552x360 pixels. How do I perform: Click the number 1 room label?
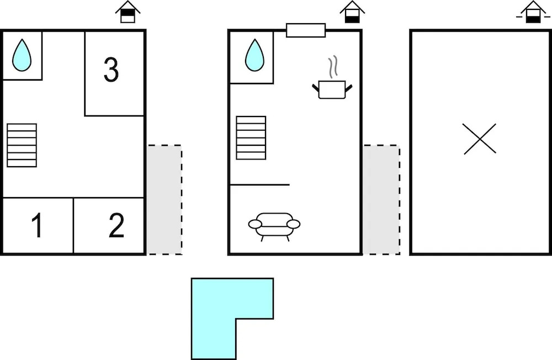click(37, 226)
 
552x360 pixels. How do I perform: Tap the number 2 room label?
click(116, 226)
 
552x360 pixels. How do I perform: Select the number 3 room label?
click(111, 71)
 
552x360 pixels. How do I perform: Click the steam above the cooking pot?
click(332, 68)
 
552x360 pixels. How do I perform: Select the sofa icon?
click(274, 225)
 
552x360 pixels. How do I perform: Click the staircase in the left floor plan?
click(22, 145)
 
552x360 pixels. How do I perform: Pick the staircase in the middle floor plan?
click(251, 137)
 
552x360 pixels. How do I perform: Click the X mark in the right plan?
click(480, 139)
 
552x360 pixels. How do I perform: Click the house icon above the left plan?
click(128, 12)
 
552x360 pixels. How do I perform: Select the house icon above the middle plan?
click(352, 12)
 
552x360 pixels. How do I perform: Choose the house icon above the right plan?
click(533, 12)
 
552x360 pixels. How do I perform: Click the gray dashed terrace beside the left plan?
click(164, 200)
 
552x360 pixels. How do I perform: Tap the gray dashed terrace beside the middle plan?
click(381, 200)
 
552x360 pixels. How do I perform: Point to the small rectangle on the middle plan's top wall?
click(306, 30)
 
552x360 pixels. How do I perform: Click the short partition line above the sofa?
click(259, 184)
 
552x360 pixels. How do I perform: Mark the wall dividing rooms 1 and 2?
click(73, 226)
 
